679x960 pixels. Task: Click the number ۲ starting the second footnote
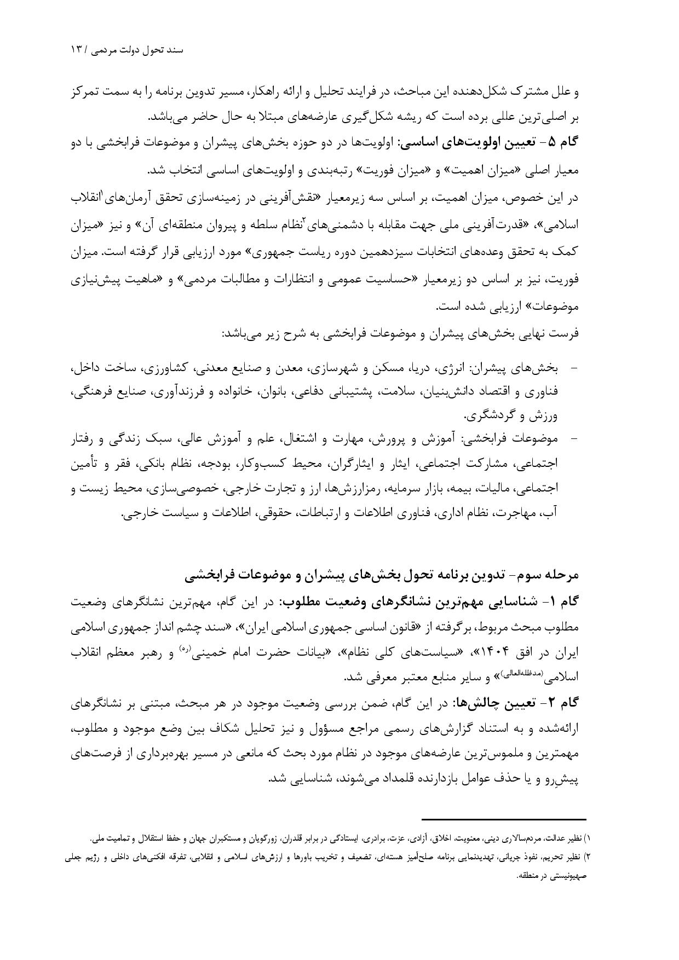click(x=589, y=855)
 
